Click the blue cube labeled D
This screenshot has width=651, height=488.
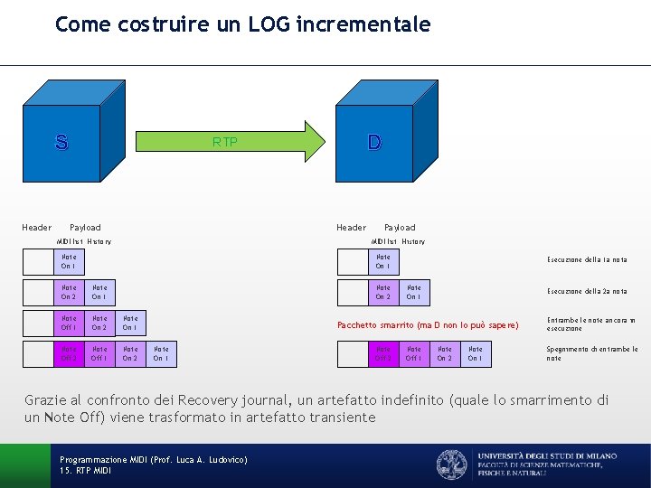tap(373, 145)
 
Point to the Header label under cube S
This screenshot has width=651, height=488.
tap(37, 228)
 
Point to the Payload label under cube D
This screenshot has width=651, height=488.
tap(400, 228)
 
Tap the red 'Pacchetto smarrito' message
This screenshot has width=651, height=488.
tap(428, 324)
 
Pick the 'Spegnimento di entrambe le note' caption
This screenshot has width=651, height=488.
tap(591, 353)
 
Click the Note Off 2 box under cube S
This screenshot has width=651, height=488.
tap(69, 353)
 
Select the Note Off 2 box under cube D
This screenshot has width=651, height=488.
tap(383, 353)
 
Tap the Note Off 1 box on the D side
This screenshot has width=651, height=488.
tap(414, 353)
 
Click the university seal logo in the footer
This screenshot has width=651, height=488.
tap(452, 465)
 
